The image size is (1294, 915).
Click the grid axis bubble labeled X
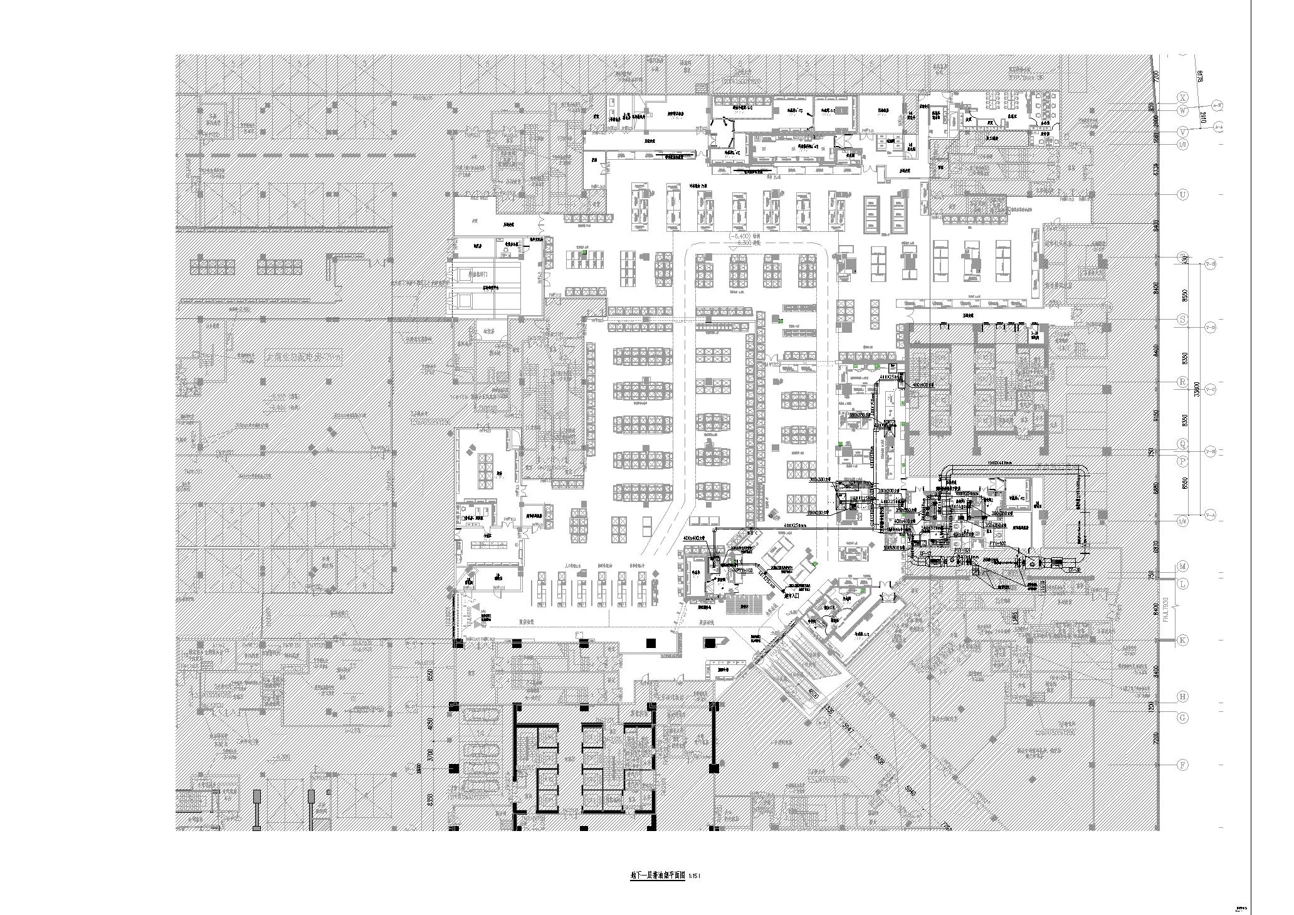coord(1183,98)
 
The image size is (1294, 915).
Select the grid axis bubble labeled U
coord(1183,195)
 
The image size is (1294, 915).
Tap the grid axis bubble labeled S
coord(1183,320)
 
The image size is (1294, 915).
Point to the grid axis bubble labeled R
coord(1183,382)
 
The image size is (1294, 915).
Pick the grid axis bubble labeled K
coord(1183,640)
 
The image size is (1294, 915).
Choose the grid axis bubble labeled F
coord(1183,765)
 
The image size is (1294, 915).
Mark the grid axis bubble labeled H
coord(1183,696)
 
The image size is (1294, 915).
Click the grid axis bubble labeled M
coord(1183,567)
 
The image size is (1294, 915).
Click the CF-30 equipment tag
coord(1073,569)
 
